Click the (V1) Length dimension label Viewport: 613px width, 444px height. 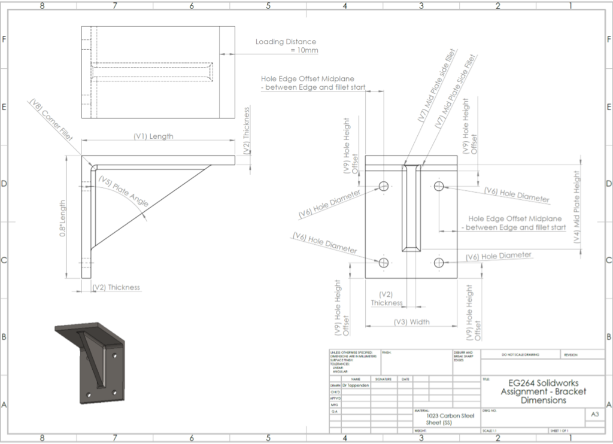click(153, 136)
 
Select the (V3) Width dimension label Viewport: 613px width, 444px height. click(411, 322)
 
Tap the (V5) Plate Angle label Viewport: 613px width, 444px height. click(123, 192)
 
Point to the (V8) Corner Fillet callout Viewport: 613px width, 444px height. click(50, 119)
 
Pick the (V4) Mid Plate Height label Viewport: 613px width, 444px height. click(576, 206)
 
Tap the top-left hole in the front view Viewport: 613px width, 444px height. click(384, 186)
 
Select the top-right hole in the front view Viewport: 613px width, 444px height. click(439, 186)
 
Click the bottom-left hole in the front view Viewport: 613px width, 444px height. click(384, 263)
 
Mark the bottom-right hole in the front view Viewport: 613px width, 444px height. click(439, 263)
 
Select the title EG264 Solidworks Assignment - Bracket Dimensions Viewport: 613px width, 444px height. click(543, 391)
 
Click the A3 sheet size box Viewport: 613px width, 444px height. click(594, 413)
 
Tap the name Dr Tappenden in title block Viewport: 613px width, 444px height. click(357, 385)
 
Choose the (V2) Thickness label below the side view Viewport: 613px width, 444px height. click(117, 287)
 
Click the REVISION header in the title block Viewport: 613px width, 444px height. click(570, 355)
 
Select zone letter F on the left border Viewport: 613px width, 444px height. click(5, 40)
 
